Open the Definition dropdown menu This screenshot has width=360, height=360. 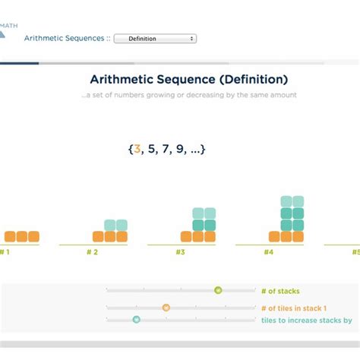[x=155, y=38]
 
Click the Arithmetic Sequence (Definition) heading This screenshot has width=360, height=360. [x=188, y=79]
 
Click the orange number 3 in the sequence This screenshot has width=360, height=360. [x=137, y=149]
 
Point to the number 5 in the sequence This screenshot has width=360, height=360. [x=150, y=149]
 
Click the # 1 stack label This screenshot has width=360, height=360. [x=5, y=252]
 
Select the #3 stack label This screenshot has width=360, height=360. [x=180, y=252]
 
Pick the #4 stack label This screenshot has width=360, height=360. [x=268, y=252]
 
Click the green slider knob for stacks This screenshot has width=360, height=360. [x=218, y=290]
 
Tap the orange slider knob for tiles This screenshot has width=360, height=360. [x=166, y=308]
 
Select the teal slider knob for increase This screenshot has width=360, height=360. [x=137, y=320]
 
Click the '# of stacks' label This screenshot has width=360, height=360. [x=279, y=291]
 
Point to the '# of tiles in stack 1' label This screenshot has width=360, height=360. [x=294, y=308]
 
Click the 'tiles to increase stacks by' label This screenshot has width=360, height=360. [x=306, y=321]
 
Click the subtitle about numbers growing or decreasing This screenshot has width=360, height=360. [x=190, y=95]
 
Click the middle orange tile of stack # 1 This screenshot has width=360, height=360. [x=21, y=237]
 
